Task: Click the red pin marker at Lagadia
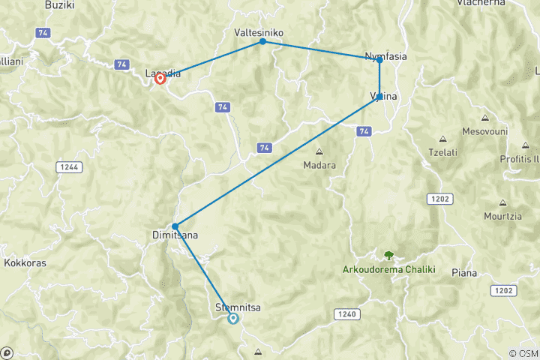160,78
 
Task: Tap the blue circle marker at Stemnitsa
233,319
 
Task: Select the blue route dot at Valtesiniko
262,42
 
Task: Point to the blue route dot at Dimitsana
175,226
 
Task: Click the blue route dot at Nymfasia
379,60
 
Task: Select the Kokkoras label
26,263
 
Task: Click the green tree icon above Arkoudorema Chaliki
388,256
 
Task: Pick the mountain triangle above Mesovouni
484,118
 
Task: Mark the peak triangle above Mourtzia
502,202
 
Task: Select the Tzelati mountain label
442,151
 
